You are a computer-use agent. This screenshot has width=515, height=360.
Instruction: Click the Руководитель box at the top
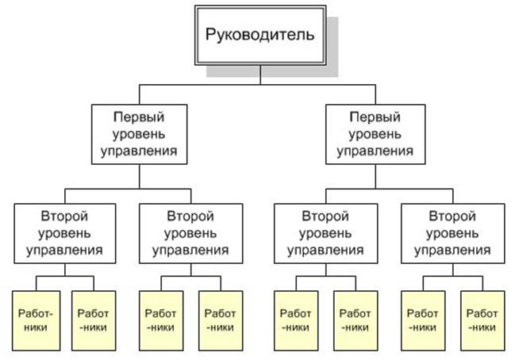pos(259,35)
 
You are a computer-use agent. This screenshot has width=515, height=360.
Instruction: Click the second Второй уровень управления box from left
pos(190,233)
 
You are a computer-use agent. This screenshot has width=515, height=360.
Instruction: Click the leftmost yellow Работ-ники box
pos(37,318)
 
